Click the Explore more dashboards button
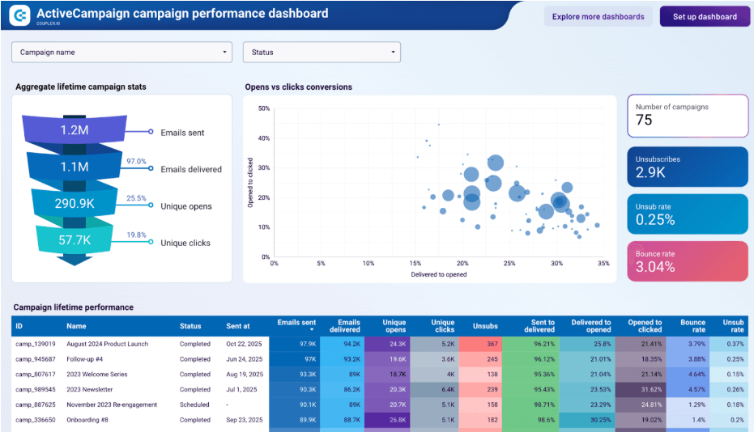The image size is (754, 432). (x=598, y=16)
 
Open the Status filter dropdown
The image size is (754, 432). (x=322, y=53)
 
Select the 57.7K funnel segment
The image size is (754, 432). (x=74, y=240)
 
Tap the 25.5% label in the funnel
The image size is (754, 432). (x=136, y=197)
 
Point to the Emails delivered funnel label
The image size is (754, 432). (x=191, y=170)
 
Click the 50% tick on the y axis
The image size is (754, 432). (x=264, y=108)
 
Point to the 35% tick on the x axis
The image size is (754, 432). (x=602, y=264)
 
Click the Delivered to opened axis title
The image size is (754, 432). (x=438, y=274)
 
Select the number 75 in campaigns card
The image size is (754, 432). (x=645, y=121)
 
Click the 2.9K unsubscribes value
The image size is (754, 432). (x=650, y=172)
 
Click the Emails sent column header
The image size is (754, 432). (x=296, y=323)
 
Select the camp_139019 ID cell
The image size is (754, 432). (x=36, y=344)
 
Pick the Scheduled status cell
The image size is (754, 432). (x=195, y=404)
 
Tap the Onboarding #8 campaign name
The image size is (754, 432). (x=90, y=420)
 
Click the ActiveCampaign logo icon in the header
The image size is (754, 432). (x=20, y=15)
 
